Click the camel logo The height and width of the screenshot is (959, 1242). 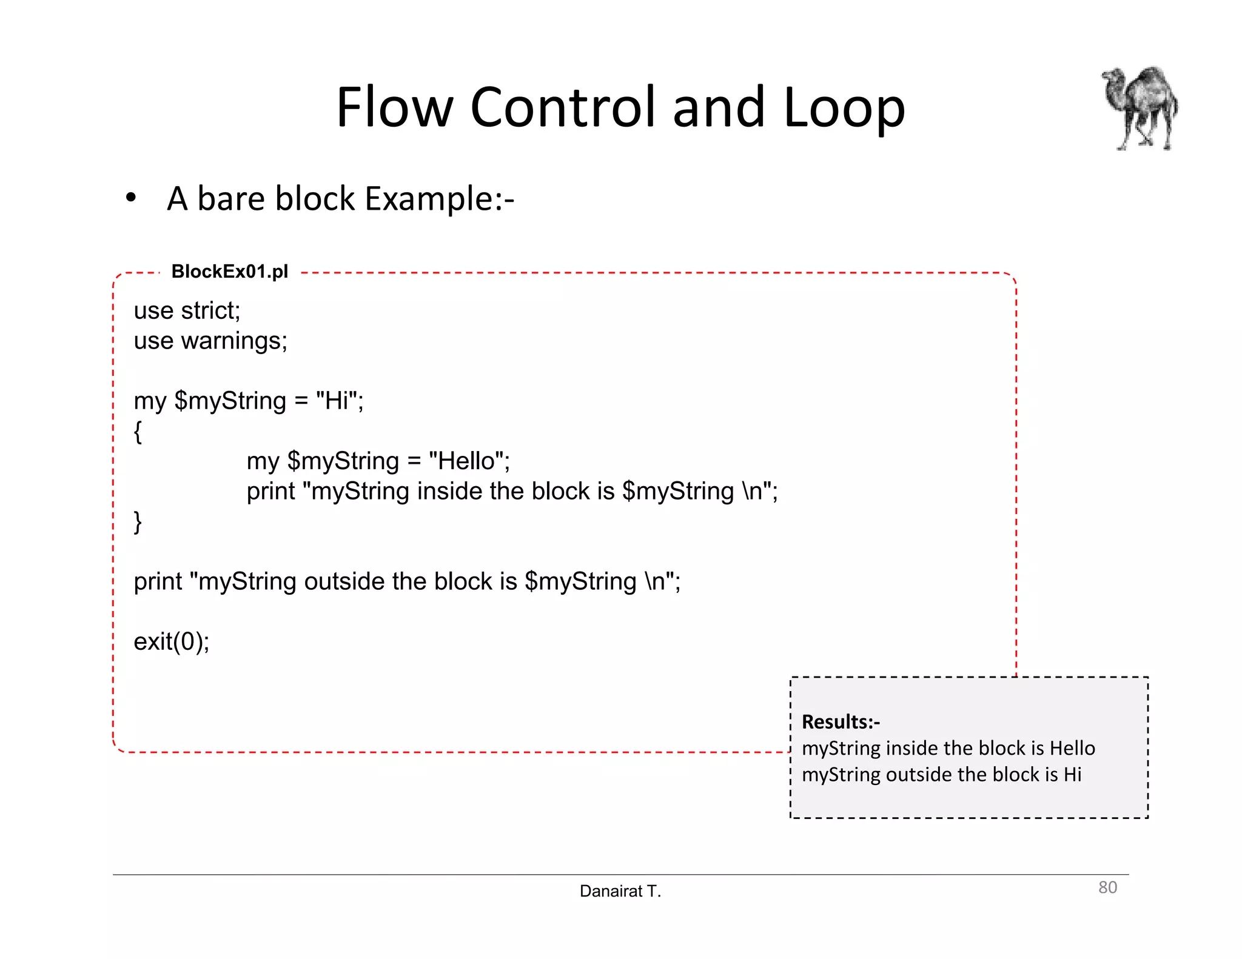point(1140,108)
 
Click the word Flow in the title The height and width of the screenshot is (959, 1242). point(394,107)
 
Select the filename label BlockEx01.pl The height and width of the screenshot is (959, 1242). point(229,272)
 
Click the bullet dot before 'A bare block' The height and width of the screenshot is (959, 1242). point(130,198)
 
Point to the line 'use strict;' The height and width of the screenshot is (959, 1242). point(187,311)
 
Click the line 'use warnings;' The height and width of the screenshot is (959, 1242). point(210,341)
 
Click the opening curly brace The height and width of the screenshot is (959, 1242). point(138,432)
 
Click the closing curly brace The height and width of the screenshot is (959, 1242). point(138,521)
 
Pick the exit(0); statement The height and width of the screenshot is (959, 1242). point(172,641)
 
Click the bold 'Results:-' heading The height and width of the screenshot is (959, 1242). point(841,722)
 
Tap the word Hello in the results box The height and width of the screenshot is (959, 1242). point(1072,748)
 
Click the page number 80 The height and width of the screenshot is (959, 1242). point(1107,887)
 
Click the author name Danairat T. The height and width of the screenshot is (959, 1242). point(620,891)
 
